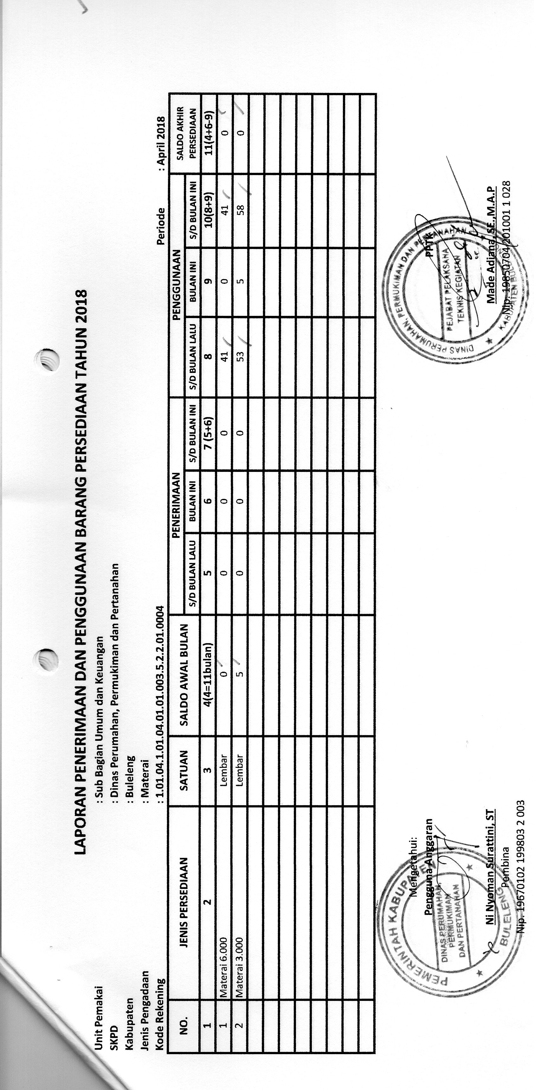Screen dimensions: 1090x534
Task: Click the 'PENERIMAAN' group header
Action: tap(177, 504)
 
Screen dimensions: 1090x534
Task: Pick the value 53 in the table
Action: tap(240, 353)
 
